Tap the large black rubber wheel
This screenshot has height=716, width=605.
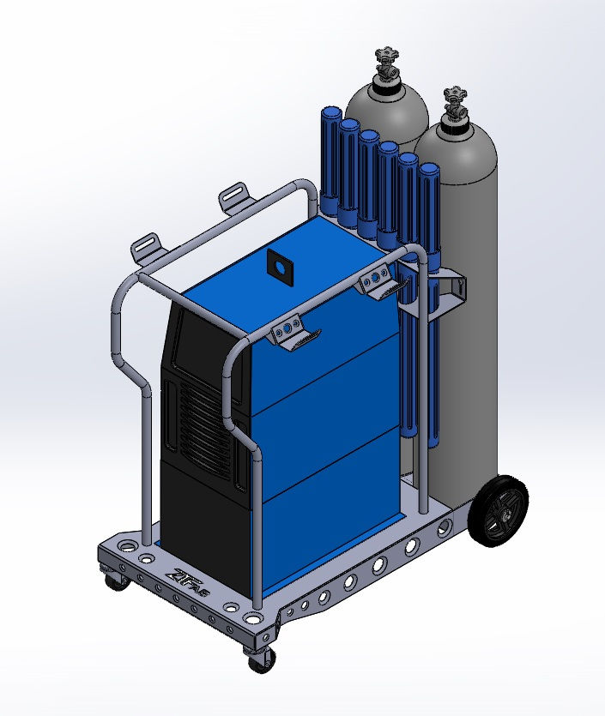click(497, 514)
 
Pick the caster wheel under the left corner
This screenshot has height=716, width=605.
click(113, 580)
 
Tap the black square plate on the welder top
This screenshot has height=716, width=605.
click(280, 268)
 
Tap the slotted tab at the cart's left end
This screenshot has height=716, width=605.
click(148, 246)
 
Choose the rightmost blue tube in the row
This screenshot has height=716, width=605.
click(428, 214)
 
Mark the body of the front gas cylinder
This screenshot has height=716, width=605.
click(463, 343)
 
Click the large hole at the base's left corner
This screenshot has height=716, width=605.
click(128, 545)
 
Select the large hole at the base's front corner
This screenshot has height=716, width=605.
click(256, 617)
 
